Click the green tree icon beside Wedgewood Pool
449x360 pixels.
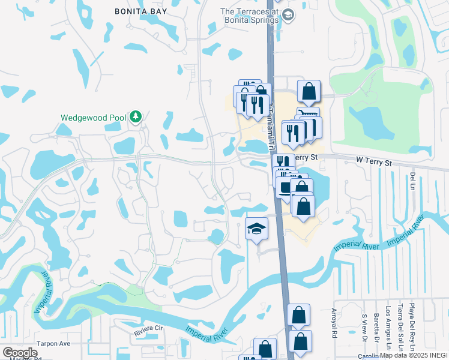(x=136, y=116)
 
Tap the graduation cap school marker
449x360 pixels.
(x=256, y=229)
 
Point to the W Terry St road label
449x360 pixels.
(x=373, y=161)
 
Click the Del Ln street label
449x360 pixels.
(x=412, y=178)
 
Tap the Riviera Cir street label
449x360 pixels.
(x=148, y=329)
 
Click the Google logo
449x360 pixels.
(x=20, y=353)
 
